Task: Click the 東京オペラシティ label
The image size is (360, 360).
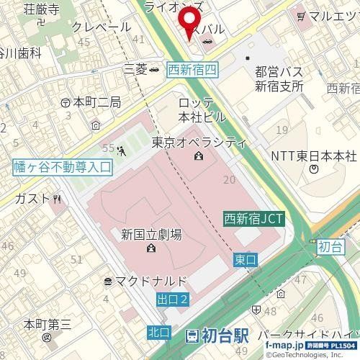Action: pyautogui.click(x=199, y=143)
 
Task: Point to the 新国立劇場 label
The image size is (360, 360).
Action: pyautogui.click(x=150, y=235)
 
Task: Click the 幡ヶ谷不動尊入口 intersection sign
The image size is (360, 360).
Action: pyautogui.click(x=63, y=167)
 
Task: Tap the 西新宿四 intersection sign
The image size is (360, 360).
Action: pyautogui.click(x=192, y=69)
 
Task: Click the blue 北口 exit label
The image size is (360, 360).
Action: pyautogui.click(x=158, y=332)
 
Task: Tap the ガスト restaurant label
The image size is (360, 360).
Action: pyautogui.click(x=32, y=198)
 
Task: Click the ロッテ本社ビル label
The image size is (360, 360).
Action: pyautogui.click(x=203, y=107)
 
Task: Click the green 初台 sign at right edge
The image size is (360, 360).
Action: pyautogui.click(x=328, y=246)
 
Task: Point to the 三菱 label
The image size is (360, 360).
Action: pyautogui.click(x=135, y=69)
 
